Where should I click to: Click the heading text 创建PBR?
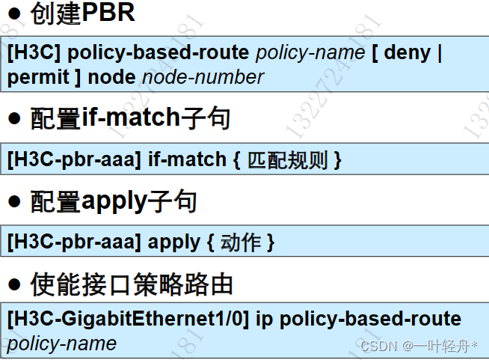(83, 13)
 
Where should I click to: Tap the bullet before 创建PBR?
(14, 14)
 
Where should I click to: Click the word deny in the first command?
(407, 53)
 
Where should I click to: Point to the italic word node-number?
(203, 77)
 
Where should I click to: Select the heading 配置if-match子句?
(130, 118)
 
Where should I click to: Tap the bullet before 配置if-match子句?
(14, 119)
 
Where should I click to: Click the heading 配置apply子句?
(113, 201)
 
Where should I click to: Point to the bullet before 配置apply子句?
(14, 202)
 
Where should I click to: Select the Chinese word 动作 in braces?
(240, 242)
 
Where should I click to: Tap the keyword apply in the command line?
(173, 242)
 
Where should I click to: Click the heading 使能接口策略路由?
(131, 284)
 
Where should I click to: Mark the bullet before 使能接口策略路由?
(14, 285)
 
